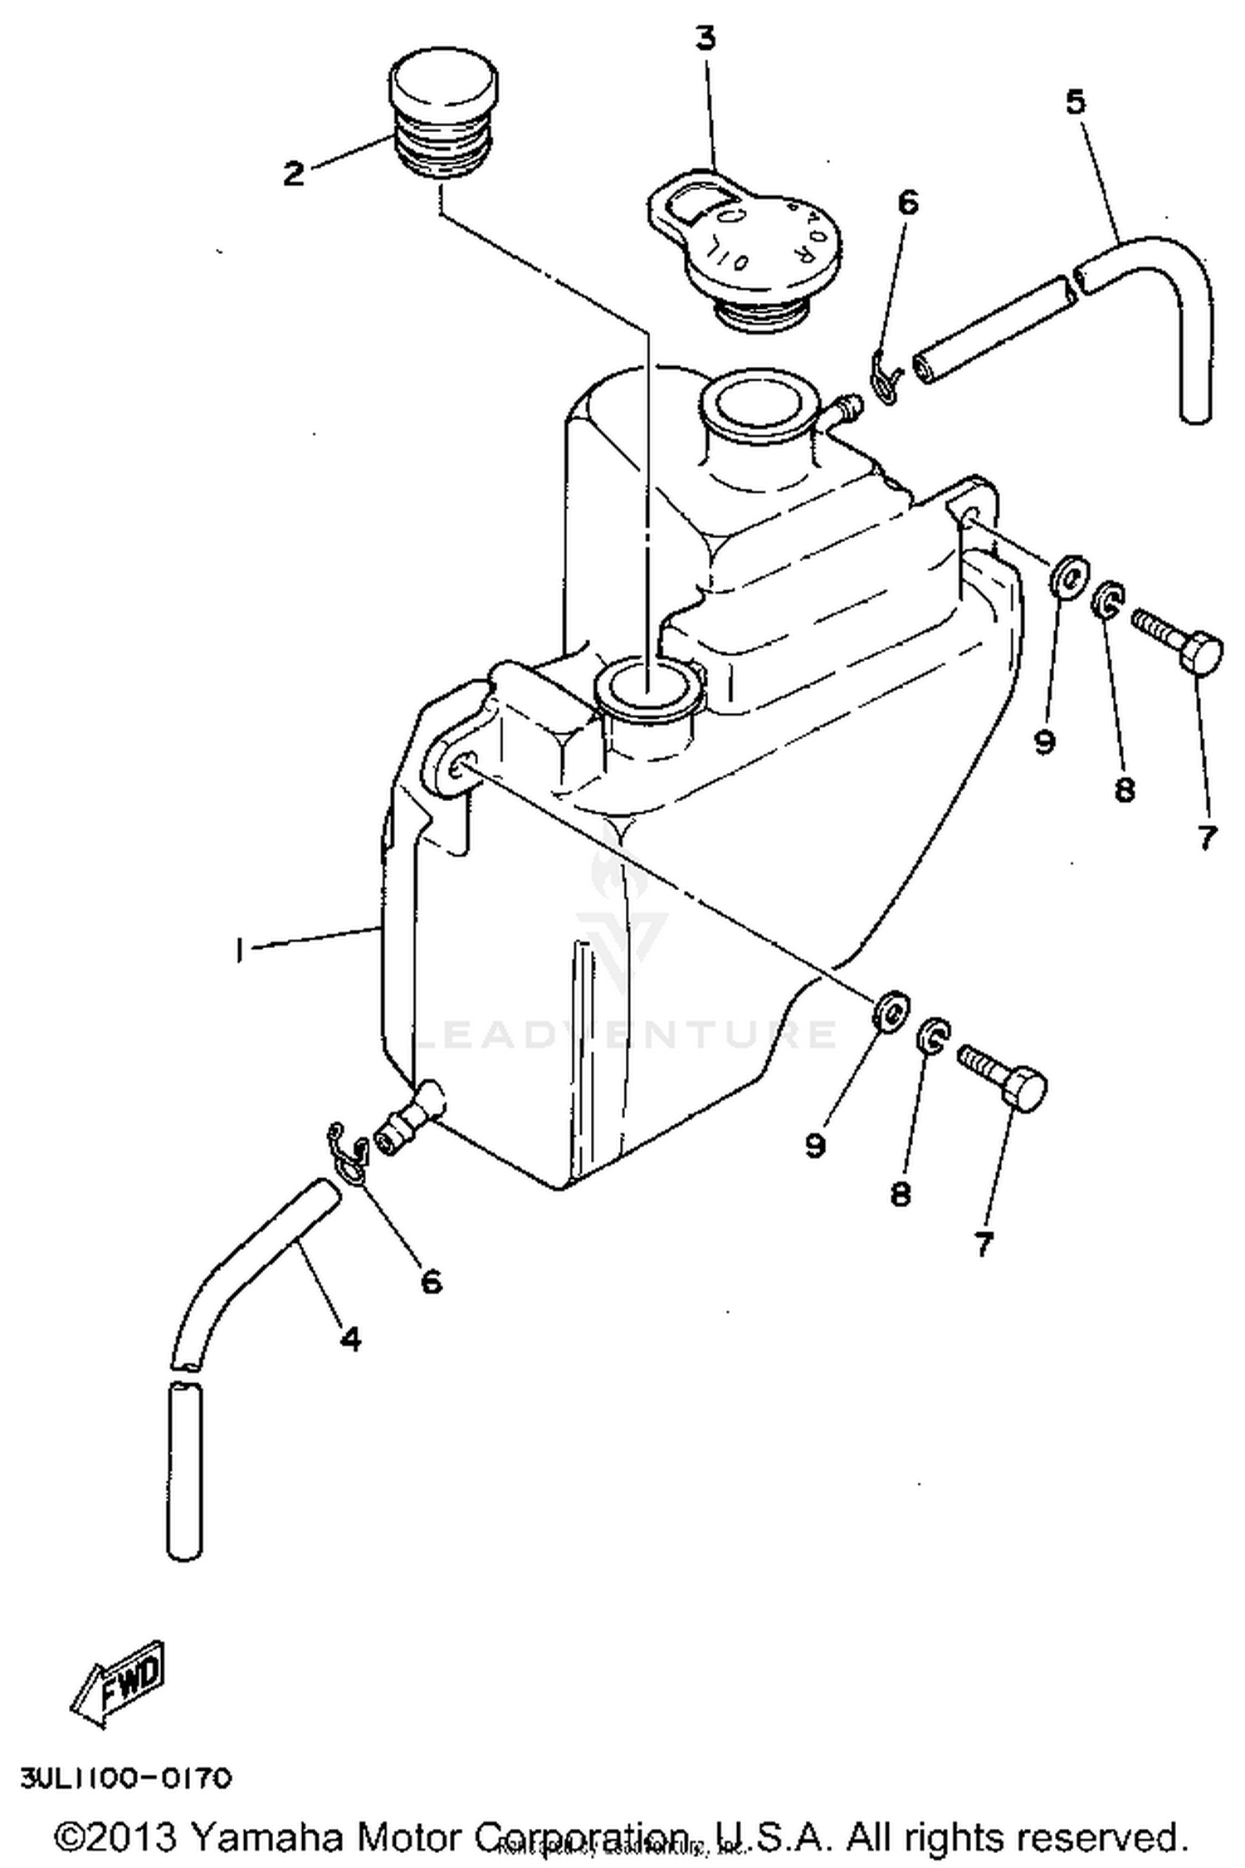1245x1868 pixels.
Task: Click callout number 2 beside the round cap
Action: click(x=294, y=174)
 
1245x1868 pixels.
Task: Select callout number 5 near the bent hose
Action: click(x=1075, y=101)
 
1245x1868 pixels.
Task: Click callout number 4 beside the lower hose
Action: click(x=351, y=1337)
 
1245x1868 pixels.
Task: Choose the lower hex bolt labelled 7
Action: click(x=1003, y=1077)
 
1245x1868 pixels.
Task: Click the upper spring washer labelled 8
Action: click(x=1106, y=599)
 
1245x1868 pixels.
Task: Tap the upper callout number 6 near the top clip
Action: click(x=909, y=203)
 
